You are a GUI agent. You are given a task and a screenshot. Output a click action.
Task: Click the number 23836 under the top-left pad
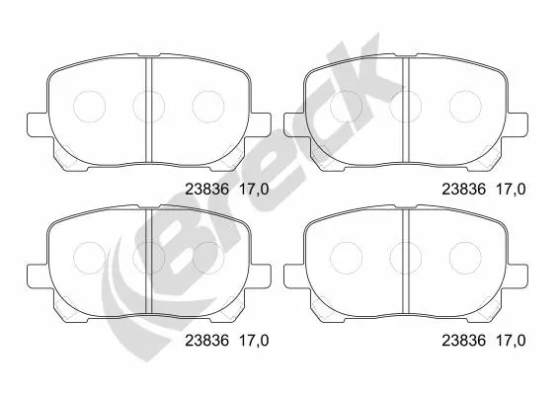coord(206,190)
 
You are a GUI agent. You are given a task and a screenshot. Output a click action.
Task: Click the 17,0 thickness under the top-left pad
coord(254,190)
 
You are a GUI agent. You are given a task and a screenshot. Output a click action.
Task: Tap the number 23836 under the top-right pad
coord(464,190)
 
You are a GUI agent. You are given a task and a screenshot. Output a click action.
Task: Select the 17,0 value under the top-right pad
coord(511,190)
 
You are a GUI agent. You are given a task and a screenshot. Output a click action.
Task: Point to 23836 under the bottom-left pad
coord(206,341)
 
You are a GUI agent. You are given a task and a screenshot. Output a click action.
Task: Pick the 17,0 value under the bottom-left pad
coord(254,341)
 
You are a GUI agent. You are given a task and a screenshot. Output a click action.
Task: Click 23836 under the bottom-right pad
coord(464,341)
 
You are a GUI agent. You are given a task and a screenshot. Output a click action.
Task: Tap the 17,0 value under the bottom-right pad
coord(511,341)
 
